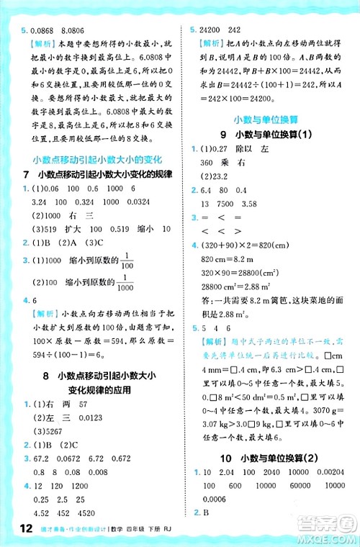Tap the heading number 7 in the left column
[x=26, y=176]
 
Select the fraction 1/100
[x=127, y=262]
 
